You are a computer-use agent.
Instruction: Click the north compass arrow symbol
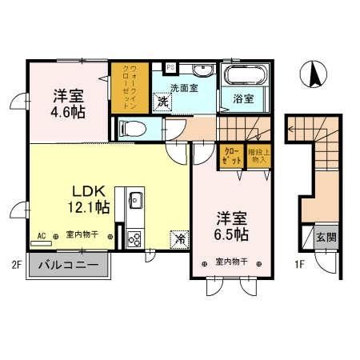click(314, 76)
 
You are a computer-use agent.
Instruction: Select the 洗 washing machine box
click(162, 102)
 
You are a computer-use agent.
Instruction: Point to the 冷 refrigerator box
click(180, 238)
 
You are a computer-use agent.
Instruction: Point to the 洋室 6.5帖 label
click(230, 226)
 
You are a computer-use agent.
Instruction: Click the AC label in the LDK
click(41, 236)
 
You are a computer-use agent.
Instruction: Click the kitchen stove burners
click(133, 238)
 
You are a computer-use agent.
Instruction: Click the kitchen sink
click(133, 199)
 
